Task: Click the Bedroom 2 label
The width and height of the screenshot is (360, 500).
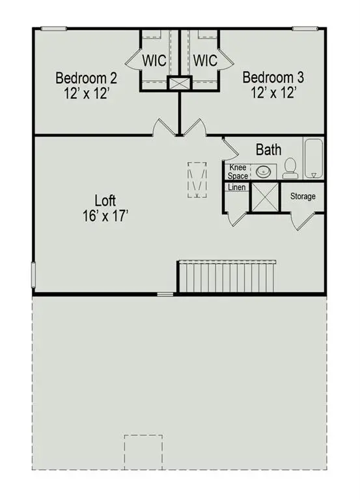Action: pyautogui.click(x=86, y=79)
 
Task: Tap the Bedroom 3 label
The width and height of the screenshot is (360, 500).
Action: pyautogui.click(x=273, y=79)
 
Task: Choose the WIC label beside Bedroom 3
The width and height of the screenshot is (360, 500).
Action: pyautogui.click(x=205, y=61)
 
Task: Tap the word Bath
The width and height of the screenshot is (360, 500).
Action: pyautogui.click(x=268, y=150)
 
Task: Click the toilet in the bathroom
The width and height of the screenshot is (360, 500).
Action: pyautogui.click(x=290, y=169)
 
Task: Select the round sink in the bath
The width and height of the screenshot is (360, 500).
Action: pyautogui.click(x=264, y=173)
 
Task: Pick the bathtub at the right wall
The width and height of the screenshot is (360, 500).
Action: pyautogui.click(x=314, y=158)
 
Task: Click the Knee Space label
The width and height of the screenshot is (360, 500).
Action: pyautogui.click(x=237, y=172)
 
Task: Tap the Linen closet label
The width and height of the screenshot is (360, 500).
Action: pyautogui.click(x=236, y=187)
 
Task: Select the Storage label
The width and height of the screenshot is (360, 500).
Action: pyautogui.click(x=303, y=196)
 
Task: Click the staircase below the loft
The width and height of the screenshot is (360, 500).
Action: pyautogui.click(x=227, y=277)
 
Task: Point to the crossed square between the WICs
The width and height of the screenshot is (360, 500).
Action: pyautogui.click(x=178, y=83)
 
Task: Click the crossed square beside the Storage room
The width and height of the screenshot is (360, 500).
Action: pyautogui.click(x=264, y=197)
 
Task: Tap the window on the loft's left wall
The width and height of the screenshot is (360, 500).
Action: pyautogui.click(x=33, y=273)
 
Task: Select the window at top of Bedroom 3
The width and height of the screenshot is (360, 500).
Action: pyautogui.click(x=305, y=28)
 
